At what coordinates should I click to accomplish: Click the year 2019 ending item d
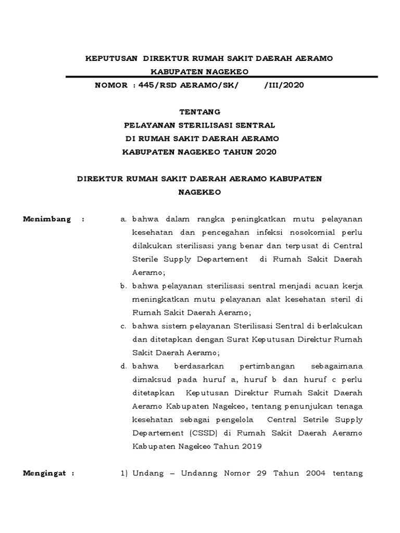click(252, 447)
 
